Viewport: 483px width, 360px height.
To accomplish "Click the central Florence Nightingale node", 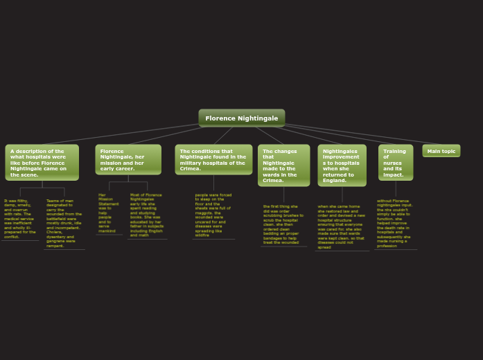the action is (x=241, y=118).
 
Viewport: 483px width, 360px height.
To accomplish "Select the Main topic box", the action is (x=441, y=151).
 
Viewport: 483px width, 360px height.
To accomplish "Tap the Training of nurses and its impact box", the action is (x=395, y=163).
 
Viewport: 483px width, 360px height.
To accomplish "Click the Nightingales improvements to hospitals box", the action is (x=342, y=165).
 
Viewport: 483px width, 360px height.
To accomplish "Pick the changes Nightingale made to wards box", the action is (x=283, y=165).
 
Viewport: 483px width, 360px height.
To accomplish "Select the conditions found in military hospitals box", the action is (x=213, y=160).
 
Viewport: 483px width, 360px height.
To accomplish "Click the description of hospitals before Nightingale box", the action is (x=42, y=163).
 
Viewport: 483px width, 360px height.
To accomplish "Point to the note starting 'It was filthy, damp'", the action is (x=20, y=219).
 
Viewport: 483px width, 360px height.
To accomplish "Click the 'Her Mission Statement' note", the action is (x=108, y=213).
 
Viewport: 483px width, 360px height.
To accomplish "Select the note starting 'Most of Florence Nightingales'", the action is (x=147, y=215).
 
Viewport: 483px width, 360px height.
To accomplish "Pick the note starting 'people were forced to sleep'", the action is (x=213, y=215).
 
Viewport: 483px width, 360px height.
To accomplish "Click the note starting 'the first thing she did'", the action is (x=283, y=224).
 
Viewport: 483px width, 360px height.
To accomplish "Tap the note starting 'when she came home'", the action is (x=341, y=226).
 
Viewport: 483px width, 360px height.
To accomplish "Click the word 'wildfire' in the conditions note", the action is (x=202, y=235).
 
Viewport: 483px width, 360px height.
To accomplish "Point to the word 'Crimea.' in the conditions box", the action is (x=191, y=169).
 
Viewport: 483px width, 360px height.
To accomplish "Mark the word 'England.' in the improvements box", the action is (x=335, y=181).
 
